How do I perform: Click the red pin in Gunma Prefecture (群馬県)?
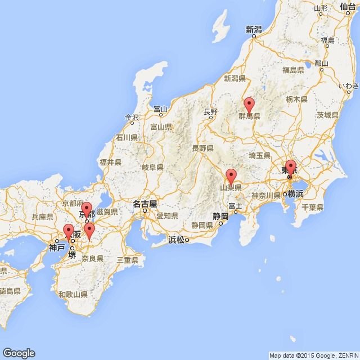249,105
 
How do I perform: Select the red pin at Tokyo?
290,168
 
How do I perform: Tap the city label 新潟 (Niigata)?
254,29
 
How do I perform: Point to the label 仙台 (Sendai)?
349,7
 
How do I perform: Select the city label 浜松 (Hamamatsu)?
175,240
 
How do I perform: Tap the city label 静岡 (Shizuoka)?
220,216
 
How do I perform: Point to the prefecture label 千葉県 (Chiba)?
312,208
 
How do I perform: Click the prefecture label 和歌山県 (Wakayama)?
73,294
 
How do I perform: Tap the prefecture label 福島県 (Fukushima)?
293,70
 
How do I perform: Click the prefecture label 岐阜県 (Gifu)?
152,167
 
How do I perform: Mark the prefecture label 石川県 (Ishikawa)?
127,137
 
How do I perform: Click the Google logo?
18,353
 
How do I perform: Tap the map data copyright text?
313,355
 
